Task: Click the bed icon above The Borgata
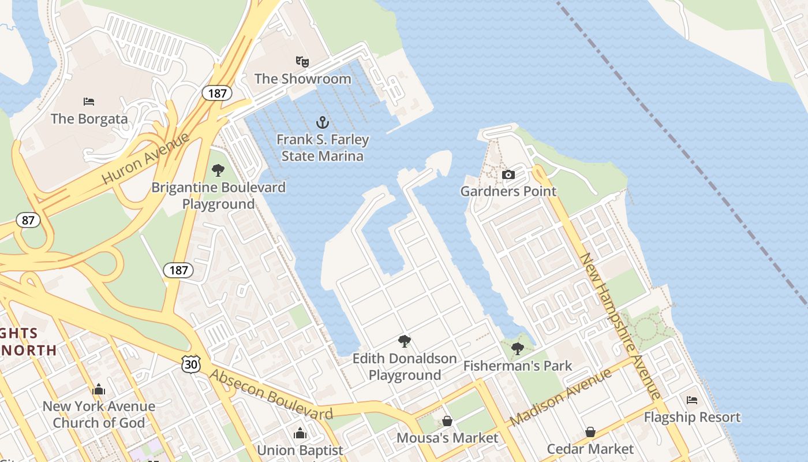(89, 102)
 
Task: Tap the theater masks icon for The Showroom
(302, 61)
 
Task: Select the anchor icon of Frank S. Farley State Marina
(323, 122)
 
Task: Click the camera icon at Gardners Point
(508, 174)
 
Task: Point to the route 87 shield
(28, 219)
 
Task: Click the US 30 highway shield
(190, 363)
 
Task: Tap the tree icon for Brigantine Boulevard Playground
(218, 170)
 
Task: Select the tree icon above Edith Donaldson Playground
(405, 341)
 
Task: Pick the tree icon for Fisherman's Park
(518, 348)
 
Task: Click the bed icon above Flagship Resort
(692, 400)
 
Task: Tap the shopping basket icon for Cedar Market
(590, 432)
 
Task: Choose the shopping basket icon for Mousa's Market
(447, 421)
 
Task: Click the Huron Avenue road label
(145, 158)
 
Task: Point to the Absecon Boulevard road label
(271, 395)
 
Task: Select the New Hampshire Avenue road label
(621, 326)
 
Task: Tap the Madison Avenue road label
(560, 398)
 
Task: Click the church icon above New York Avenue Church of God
(99, 389)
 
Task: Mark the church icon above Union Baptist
(300, 433)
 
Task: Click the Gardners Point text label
(508, 191)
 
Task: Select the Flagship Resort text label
(692, 417)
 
